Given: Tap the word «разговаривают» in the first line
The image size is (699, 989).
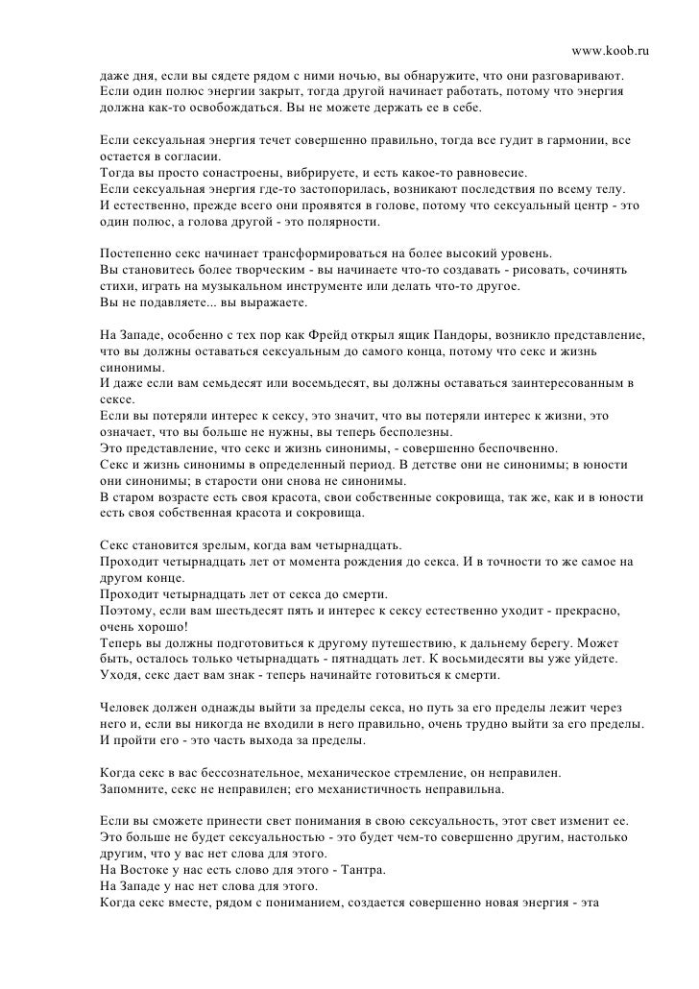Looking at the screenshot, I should point(577,75).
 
